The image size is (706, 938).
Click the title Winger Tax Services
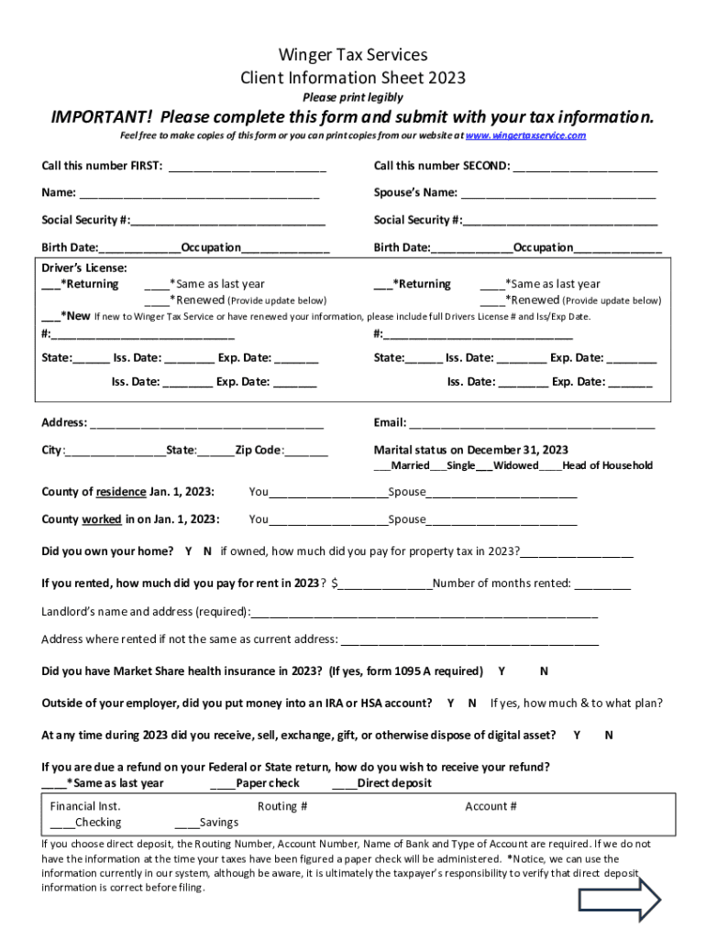point(353,55)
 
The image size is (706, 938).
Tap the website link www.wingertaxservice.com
point(525,136)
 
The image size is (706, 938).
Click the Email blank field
point(532,424)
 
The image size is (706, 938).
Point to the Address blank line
point(206,424)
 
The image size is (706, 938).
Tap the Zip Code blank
point(307,452)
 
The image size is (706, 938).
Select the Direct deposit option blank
point(344,784)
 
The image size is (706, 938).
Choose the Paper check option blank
point(223,784)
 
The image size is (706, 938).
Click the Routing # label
point(281,806)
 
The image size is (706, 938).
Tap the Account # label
point(491,806)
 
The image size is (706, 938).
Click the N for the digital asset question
point(609,735)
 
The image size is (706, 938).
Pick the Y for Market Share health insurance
point(502,671)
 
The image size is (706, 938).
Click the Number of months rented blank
point(603,584)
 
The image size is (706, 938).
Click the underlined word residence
point(120,492)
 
